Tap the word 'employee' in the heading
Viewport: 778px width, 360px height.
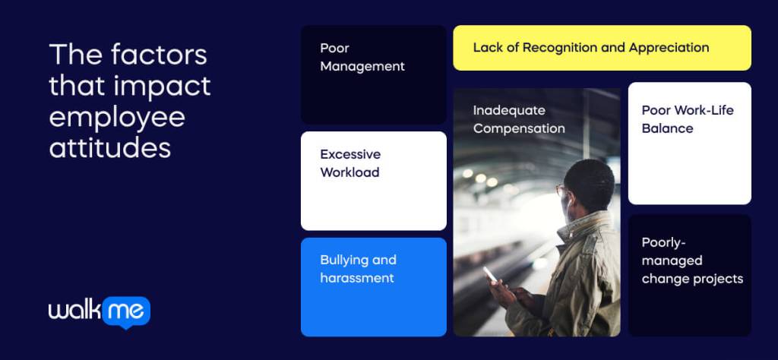click(117, 117)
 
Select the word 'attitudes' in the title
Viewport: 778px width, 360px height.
click(110, 147)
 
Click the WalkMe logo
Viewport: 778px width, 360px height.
click(99, 311)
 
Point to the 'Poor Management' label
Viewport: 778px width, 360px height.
click(362, 57)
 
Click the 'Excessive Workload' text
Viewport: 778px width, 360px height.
click(350, 163)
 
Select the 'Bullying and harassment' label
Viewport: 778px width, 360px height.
click(358, 269)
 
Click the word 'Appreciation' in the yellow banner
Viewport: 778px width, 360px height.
click(668, 48)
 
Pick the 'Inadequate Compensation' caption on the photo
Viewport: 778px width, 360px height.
click(519, 119)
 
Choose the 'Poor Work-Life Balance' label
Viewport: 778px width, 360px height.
click(688, 119)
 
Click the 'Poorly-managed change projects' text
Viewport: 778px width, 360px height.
click(692, 261)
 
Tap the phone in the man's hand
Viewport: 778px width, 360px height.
click(490, 275)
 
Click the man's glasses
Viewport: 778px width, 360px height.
click(563, 190)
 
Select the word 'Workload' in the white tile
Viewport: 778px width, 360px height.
click(349, 172)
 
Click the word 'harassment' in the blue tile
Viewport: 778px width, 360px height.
click(357, 278)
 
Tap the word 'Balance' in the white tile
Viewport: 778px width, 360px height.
click(667, 128)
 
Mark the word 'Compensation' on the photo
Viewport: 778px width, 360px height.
click(519, 128)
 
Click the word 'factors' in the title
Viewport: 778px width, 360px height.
click(159, 55)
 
